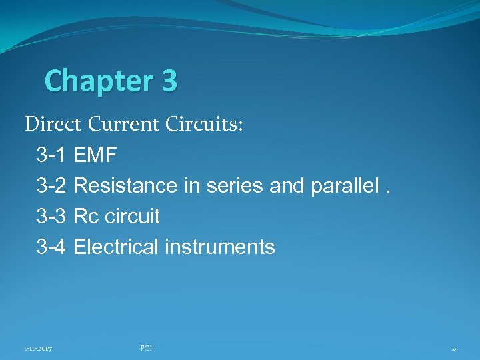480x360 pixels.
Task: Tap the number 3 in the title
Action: (169, 81)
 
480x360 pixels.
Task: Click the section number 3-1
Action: (51, 157)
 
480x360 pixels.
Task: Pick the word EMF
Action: (95, 157)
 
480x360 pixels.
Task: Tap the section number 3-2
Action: (51, 187)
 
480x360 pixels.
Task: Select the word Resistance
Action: (126, 187)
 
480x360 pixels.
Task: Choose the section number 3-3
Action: (51, 217)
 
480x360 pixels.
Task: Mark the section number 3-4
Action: (51, 247)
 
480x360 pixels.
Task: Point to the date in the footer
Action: (39, 348)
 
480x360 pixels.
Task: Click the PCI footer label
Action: (147, 347)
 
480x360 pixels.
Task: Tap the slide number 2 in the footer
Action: (453, 348)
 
